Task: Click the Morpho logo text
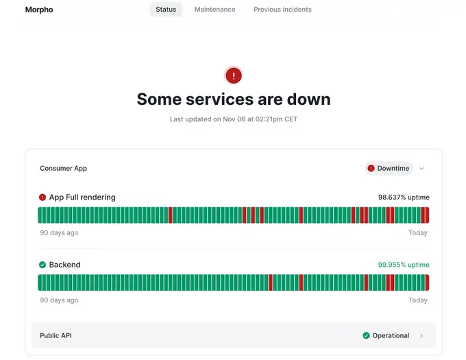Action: point(39,10)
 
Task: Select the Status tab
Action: point(166,10)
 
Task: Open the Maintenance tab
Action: point(214,10)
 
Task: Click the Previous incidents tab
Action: point(282,10)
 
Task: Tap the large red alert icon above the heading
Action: point(234,75)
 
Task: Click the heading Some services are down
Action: point(234,99)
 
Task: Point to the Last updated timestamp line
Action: point(234,119)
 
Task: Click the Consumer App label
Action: point(63,168)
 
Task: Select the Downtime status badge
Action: point(389,168)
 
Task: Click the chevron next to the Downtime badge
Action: point(421,169)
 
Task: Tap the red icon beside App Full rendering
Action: point(42,197)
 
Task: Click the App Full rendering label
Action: point(82,197)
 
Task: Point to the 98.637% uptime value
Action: point(404,197)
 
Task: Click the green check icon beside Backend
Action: point(42,265)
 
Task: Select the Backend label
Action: point(64,265)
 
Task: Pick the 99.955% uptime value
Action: point(404,265)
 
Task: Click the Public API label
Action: point(56,335)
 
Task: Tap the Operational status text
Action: point(391,335)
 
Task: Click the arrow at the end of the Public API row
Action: point(421,336)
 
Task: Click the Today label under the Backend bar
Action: point(417,300)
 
